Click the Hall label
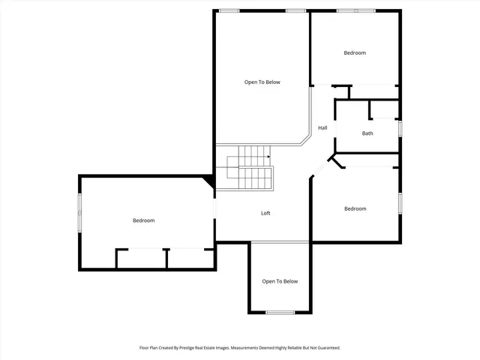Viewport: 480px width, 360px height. [322, 127]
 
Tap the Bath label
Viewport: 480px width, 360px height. [367, 133]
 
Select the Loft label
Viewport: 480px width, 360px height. [265, 213]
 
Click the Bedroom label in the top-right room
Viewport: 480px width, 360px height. [355, 52]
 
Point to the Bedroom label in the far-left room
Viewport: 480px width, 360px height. [143, 220]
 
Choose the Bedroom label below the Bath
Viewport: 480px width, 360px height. [355, 208]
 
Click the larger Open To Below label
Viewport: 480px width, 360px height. [262, 82]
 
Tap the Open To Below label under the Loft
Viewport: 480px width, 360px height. [280, 281]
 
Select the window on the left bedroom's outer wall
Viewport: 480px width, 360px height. [80, 214]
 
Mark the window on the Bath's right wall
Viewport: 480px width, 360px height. [400, 128]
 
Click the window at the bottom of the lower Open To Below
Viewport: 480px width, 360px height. [280, 312]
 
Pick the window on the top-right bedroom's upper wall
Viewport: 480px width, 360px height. [355, 10]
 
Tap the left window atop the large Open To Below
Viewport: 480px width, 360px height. [229, 10]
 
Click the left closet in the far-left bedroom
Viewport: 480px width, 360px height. [141, 259]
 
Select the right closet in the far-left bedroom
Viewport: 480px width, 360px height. [190, 259]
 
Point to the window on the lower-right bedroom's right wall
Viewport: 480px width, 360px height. [400, 203]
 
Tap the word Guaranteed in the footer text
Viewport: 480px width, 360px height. [326, 348]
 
